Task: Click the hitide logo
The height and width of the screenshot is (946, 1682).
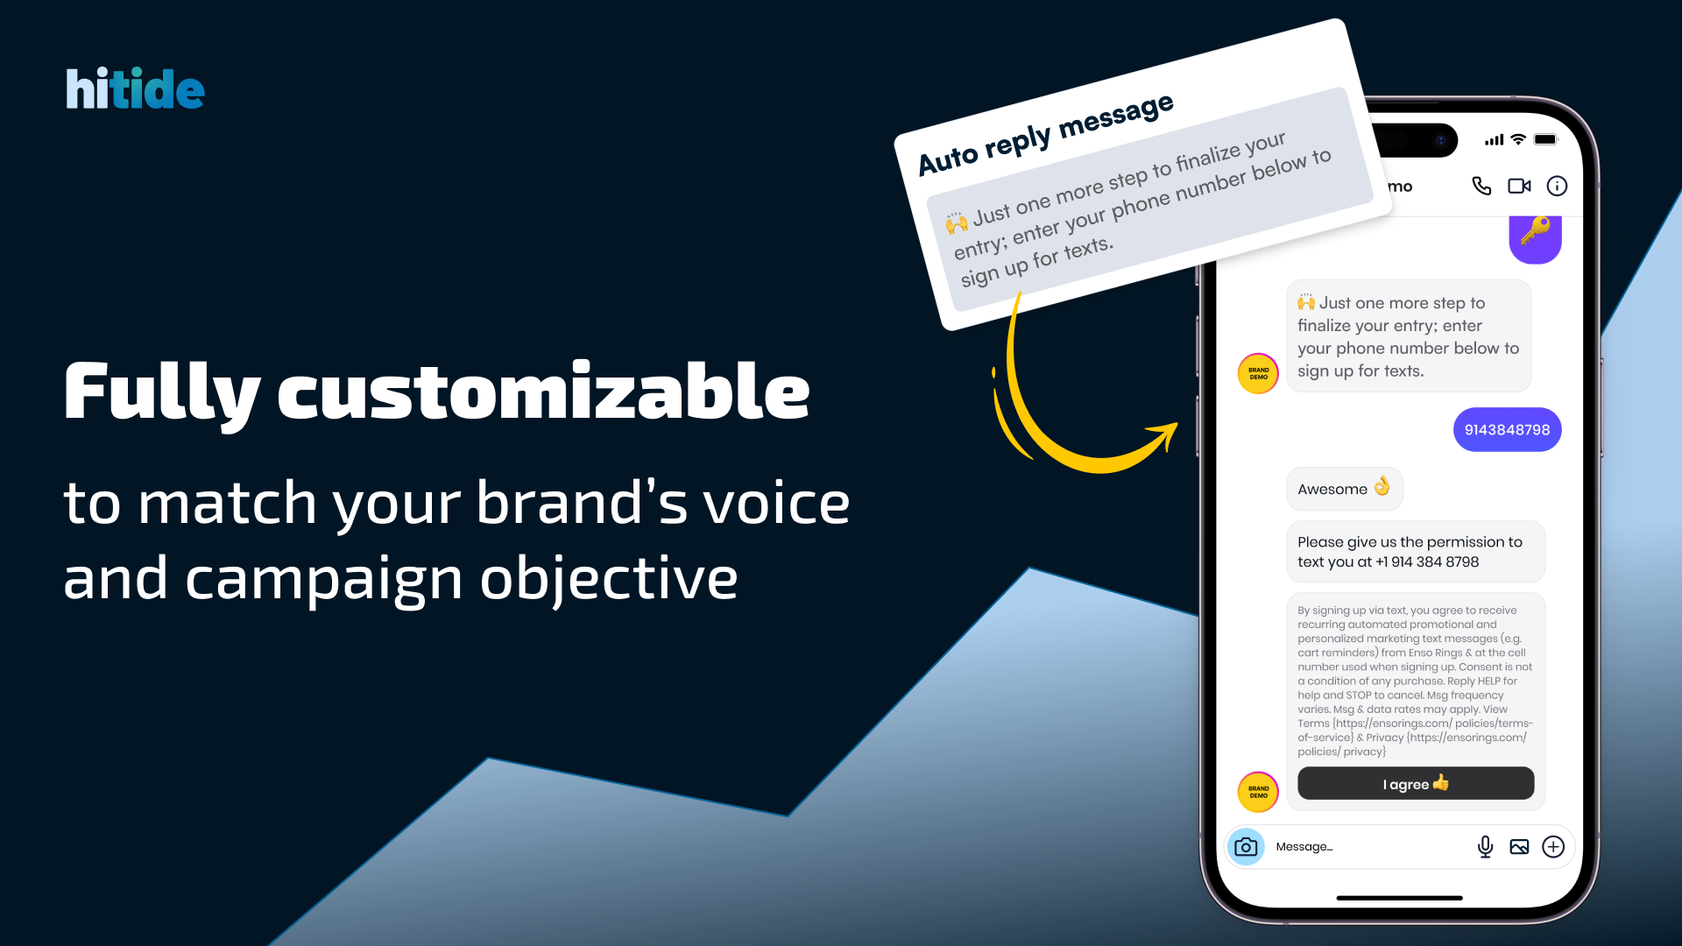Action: (135, 88)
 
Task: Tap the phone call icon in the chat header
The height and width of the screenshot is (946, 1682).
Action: (1481, 186)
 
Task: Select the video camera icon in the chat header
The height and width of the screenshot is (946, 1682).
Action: (1519, 186)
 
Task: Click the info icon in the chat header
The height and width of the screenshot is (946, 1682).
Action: (1557, 186)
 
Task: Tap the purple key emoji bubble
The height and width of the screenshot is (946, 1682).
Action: (1535, 237)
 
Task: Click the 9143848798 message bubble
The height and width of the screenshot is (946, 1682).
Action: (1507, 430)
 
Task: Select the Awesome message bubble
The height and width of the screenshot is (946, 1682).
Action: (1344, 489)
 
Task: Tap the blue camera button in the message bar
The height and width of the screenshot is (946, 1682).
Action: (1246, 847)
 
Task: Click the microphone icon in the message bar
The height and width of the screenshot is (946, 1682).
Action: (1485, 847)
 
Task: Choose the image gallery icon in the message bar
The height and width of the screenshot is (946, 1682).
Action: (1519, 847)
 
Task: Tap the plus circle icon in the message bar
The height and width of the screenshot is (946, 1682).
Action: (1553, 847)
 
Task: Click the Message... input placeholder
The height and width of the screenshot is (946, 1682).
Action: (1304, 847)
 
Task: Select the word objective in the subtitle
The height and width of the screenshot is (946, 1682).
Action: (609, 580)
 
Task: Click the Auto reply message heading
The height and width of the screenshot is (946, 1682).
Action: (1045, 135)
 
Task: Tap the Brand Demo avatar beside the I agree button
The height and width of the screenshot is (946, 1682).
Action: (1258, 792)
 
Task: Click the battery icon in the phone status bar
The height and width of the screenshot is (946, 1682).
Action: (1546, 139)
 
